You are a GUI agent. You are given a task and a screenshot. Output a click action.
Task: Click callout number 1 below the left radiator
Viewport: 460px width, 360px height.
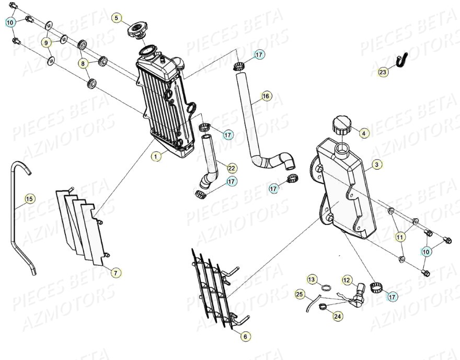click(155, 156)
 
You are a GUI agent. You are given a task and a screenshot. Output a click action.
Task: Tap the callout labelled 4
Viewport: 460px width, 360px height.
click(364, 133)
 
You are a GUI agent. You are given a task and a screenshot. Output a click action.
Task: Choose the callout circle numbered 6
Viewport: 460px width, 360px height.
click(245, 337)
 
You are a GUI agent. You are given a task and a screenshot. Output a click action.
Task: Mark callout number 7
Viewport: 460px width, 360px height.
click(116, 272)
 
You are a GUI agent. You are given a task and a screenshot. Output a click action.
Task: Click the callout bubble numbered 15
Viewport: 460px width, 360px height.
click(29, 199)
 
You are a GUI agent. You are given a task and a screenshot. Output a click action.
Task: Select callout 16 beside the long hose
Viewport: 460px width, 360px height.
click(266, 96)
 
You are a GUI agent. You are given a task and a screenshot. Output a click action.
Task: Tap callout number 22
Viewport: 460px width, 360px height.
click(232, 168)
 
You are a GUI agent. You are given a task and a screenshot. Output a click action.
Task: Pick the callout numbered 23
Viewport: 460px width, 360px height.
click(383, 72)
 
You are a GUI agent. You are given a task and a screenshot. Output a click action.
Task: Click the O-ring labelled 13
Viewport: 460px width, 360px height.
click(325, 288)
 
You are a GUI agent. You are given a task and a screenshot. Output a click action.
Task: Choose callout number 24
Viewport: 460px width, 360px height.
click(337, 316)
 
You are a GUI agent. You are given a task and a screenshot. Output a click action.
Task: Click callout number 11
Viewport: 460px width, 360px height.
click(400, 237)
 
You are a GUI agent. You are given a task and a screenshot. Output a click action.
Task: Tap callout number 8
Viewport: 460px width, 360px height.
click(83, 63)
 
